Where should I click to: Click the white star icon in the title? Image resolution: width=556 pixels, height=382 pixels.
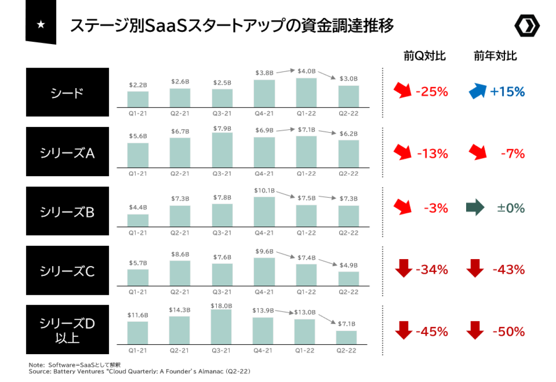coord(41,25)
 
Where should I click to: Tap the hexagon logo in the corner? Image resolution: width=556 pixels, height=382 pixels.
coord(527,27)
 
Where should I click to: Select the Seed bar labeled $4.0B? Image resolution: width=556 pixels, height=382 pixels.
coord(306,92)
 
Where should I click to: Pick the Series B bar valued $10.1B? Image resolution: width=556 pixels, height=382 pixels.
coord(264,212)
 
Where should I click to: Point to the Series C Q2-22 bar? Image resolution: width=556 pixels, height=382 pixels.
coord(348,279)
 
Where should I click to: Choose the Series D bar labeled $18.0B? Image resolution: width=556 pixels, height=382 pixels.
coord(221,326)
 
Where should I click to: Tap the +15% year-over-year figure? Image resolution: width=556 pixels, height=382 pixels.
coord(507,91)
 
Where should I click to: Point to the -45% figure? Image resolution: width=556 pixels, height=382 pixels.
coord(432,332)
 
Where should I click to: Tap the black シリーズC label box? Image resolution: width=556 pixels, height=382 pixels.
coord(67,270)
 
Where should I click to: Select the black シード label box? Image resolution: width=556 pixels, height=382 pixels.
coord(67,92)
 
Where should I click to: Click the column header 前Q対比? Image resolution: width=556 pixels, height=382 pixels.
coord(424,56)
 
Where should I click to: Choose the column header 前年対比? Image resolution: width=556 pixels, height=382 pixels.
coord(495,56)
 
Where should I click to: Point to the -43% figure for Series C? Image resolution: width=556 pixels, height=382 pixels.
coord(508,269)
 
